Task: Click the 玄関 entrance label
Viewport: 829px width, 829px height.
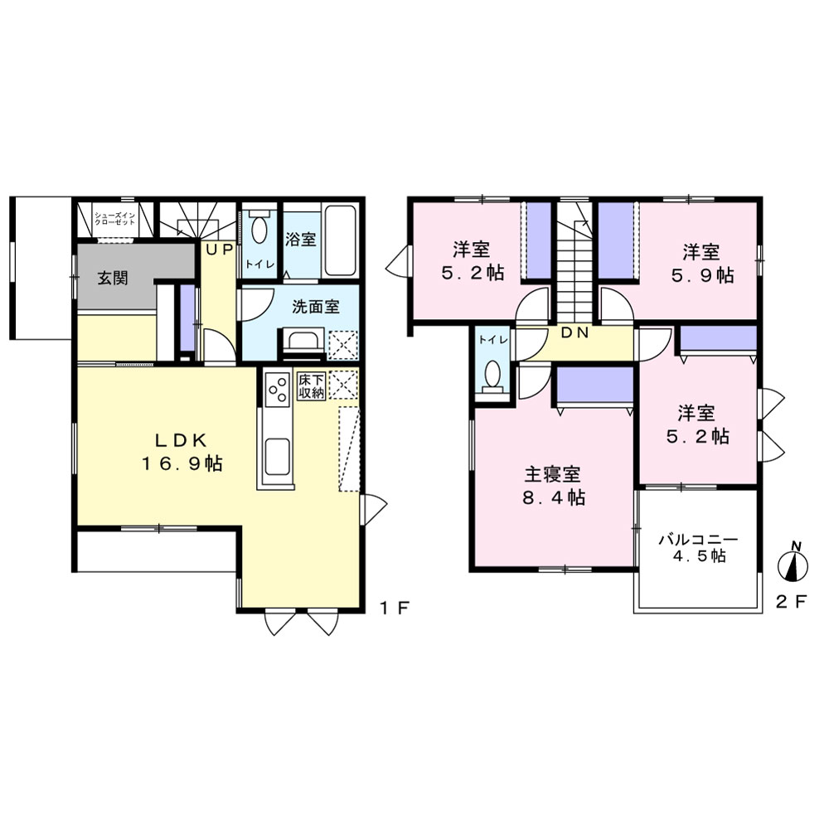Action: click(113, 278)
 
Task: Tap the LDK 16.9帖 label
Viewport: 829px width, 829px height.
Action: click(182, 452)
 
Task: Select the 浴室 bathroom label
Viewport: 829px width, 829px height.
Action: click(301, 240)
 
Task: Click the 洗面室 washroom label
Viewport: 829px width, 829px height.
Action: click(316, 307)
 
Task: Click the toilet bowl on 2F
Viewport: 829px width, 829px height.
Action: click(492, 376)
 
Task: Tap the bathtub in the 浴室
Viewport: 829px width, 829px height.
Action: click(341, 240)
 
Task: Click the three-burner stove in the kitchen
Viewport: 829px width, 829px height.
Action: click(278, 390)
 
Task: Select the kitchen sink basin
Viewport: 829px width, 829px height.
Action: click(277, 457)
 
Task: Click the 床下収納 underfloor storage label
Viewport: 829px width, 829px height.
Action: click(311, 386)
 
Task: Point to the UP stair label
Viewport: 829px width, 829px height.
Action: click(220, 250)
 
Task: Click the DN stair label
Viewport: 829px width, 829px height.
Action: click(574, 332)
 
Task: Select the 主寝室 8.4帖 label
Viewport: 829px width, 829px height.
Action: click(554, 486)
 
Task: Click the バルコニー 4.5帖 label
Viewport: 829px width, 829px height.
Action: click(698, 548)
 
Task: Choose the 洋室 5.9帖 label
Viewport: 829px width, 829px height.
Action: click(702, 264)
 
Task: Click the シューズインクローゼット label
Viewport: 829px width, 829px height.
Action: click(114, 219)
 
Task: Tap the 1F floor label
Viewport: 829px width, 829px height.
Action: click(395, 608)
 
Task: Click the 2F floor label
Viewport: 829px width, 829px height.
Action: click(792, 601)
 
